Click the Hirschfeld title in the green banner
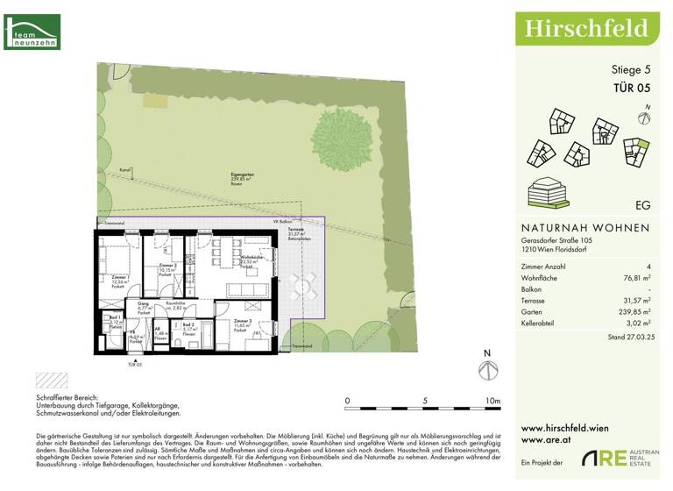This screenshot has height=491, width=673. click(586, 28)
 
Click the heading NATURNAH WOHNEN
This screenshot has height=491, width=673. click(585, 228)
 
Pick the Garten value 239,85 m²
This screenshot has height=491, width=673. click(632, 311)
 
